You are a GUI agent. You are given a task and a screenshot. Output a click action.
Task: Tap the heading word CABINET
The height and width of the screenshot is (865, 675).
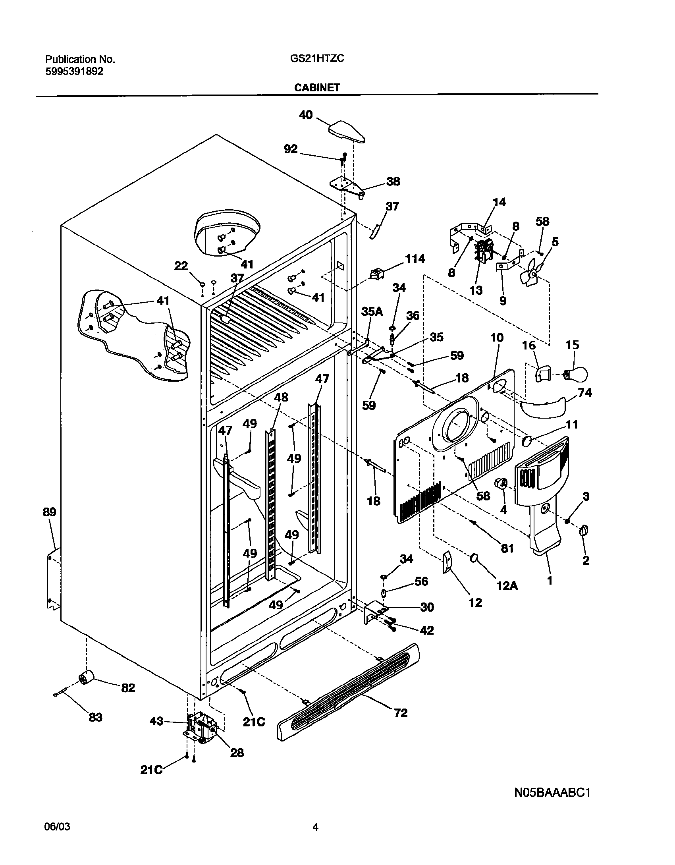(x=317, y=88)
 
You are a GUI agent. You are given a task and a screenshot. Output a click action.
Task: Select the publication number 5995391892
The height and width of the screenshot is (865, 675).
(x=74, y=71)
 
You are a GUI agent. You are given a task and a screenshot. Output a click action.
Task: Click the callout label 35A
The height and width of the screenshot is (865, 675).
(x=372, y=311)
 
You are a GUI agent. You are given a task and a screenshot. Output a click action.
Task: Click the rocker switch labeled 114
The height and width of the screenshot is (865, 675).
(x=378, y=274)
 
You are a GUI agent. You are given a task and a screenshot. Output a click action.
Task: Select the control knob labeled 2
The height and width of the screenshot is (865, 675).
(x=584, y=530)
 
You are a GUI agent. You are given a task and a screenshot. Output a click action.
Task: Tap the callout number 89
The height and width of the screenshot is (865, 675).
(x=50, y=512)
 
